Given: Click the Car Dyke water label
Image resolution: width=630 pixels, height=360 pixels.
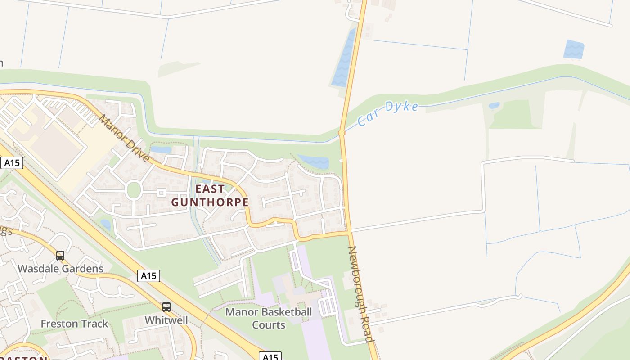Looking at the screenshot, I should click(388, 114).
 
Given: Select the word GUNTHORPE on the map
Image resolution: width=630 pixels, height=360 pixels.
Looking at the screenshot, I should click(210, 202).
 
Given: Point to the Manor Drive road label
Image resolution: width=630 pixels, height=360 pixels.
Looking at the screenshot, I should click(124, 138).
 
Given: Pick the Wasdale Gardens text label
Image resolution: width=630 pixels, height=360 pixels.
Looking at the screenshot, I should click(60, 269).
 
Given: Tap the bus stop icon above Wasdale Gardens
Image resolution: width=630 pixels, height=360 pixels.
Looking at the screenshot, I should click(60, 256).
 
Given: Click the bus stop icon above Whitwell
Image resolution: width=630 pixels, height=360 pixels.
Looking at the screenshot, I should click(166, 307).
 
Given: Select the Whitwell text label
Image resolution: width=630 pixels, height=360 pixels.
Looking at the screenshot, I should click(166, 320).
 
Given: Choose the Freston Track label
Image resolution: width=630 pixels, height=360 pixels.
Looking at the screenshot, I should click(74, 324).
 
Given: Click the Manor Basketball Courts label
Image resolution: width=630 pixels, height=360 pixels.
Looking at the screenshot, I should click(269, 318).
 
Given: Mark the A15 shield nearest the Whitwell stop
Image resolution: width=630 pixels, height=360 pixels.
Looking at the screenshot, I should click(148, 275).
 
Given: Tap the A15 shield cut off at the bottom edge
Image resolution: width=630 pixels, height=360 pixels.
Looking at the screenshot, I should click(270, 356).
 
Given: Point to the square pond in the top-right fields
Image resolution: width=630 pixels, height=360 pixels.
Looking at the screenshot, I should click(574, 49).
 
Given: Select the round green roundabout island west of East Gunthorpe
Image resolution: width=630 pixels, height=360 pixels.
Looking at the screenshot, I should click(134, 190).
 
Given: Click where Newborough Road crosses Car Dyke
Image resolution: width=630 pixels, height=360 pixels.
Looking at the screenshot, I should click(342, 133).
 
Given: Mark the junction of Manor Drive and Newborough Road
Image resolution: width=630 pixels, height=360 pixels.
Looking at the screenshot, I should click(349, 233).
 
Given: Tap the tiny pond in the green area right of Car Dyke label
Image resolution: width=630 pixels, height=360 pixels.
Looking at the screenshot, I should click(494, 106).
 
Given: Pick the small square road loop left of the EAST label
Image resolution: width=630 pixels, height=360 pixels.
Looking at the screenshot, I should click(161, 193).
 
